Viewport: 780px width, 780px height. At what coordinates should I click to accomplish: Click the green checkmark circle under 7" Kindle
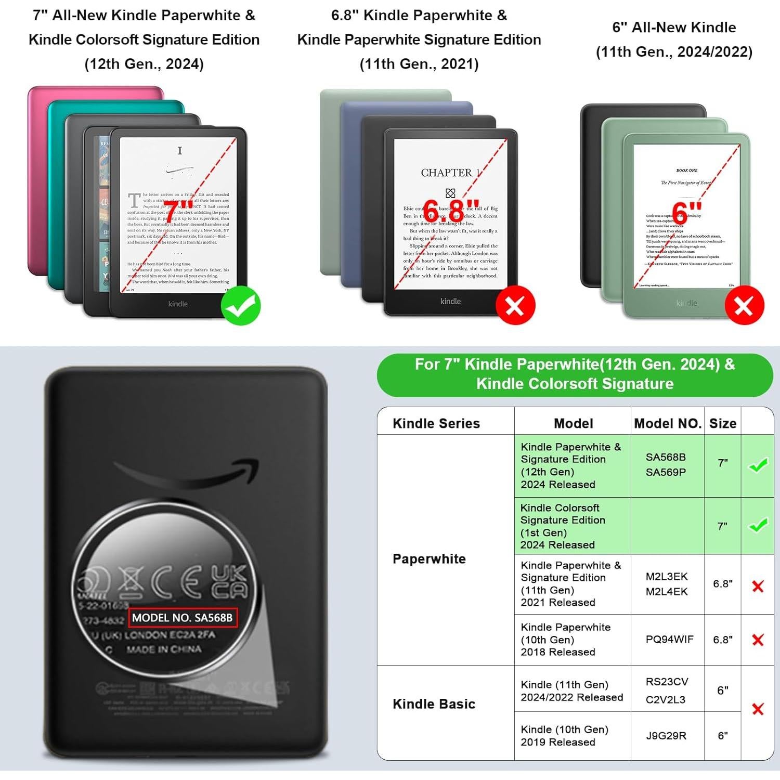[x=241, y=306]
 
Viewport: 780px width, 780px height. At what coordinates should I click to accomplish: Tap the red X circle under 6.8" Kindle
[x=515, y=306]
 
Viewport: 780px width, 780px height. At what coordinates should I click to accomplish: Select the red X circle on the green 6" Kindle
[x=744, y=305]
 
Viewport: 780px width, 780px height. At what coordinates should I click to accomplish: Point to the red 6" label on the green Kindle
[x=686, y=212]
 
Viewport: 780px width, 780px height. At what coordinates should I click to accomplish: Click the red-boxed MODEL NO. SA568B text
[x=183, y=618]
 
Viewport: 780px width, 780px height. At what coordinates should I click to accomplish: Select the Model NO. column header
[x=668, y=423]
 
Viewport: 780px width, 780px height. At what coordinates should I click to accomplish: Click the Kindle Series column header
[x=436, y=423]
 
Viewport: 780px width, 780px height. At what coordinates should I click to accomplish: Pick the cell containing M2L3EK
[x=666, y=576]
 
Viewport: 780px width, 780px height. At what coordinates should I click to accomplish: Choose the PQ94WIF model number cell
[x=669, y=639]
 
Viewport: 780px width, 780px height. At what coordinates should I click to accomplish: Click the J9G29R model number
[x=666, y=735]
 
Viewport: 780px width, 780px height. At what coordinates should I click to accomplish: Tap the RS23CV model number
[x=667, y=682]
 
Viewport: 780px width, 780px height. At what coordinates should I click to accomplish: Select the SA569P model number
[x=666, y=472]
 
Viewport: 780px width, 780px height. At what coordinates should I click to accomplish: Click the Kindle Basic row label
[x=434, y=704]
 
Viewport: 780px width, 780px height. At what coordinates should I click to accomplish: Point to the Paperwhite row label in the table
[x=429, y=558]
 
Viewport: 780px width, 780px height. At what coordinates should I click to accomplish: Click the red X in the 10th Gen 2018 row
[x=758, y=640]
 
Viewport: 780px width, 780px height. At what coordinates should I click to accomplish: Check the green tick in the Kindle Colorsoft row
[x=758, y=525]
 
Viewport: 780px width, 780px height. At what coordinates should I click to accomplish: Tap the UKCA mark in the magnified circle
[x=229, y=582]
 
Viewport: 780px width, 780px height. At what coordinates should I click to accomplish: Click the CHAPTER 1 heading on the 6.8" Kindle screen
[x=450, y=173]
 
